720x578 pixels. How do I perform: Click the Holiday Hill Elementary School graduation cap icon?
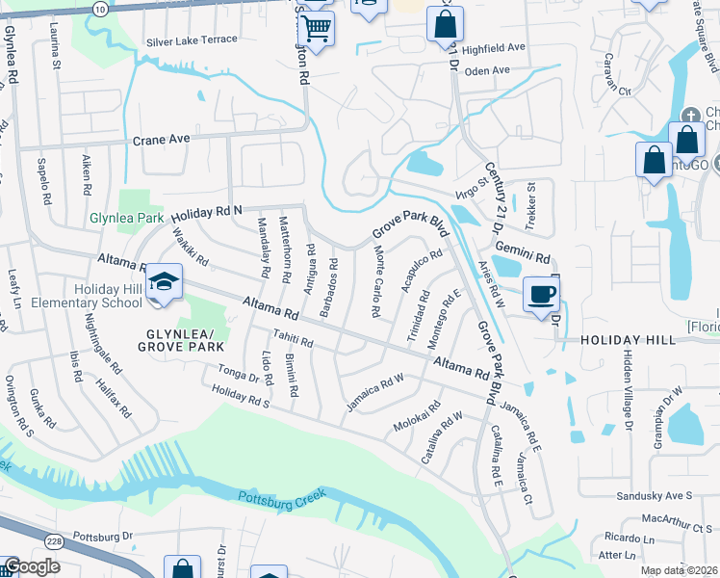(x=165, y=282)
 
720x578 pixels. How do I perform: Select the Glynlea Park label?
(x=126, y=219)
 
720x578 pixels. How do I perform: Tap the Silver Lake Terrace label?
(x=192, y=40)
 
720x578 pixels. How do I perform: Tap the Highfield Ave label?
(x=494, y=47)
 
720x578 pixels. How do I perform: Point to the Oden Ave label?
(x=486, y=71)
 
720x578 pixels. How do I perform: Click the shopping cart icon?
(x=316, y=28)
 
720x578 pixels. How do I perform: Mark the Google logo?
(x=32, y=566)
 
